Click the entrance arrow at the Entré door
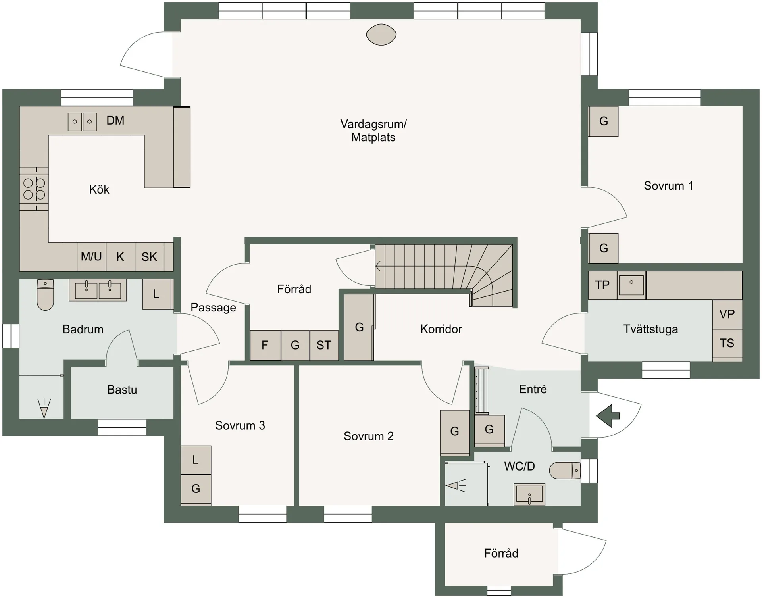coord(608,416)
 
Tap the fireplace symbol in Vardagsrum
coord(381,35)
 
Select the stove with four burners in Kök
coord(34,189)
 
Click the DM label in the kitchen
coord(115,120)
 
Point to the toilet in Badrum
coord(45,294)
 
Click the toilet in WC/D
coord(565,471)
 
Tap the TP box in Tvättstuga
coord(602,285)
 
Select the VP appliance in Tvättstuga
coord(727,314)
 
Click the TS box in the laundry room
coord(727,343)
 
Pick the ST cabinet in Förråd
coord(324,345)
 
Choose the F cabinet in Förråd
coord(265,345)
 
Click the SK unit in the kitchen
coord(149,257)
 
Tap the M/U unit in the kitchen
coord(91,257)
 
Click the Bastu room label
coord(122,390)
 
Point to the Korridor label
coord(441,329)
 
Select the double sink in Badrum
coord(98,290)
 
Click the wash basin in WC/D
coord(529,494)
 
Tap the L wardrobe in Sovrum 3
coord(196,460)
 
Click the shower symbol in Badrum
coord(44,409)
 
